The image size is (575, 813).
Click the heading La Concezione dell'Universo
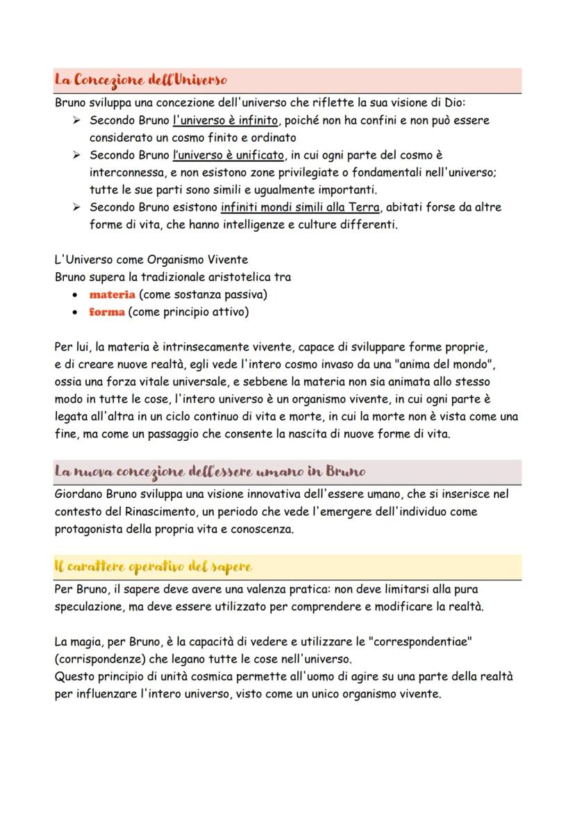click(x=141, y=81)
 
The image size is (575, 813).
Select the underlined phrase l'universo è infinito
click(x=225, y=120)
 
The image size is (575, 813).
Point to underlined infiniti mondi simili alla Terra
click(x=300, y=207)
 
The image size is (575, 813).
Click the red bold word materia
click(x=112, y=294)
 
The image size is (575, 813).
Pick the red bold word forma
click(x=107, y=312)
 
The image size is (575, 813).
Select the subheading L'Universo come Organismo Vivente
click(x=151, y=260)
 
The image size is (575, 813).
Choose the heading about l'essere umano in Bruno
click(x=210, y=471)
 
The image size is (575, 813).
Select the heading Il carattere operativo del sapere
click(x=153, y=567)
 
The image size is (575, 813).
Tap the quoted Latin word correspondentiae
click(x=419, y=641)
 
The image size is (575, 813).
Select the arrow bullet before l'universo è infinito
click(x=76, y=120)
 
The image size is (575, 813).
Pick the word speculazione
click(x=89, y=606)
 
